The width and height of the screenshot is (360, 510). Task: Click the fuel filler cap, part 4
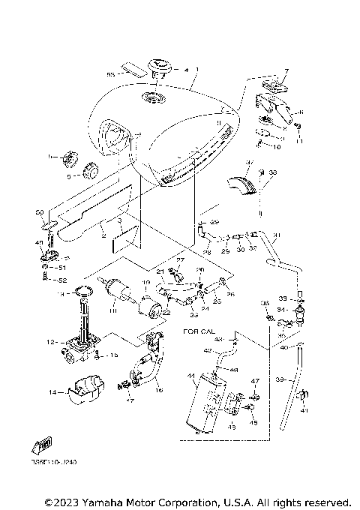point(160,70)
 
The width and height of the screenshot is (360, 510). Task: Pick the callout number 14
point(52,391)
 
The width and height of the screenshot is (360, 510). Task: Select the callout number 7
point(286,71)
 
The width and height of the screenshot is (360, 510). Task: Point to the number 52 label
point(63,279)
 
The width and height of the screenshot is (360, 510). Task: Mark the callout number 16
point(158,391)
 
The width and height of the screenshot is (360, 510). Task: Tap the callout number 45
point(253,422)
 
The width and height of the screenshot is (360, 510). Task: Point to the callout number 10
point(276,148)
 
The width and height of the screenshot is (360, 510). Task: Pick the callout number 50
point(40,214)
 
